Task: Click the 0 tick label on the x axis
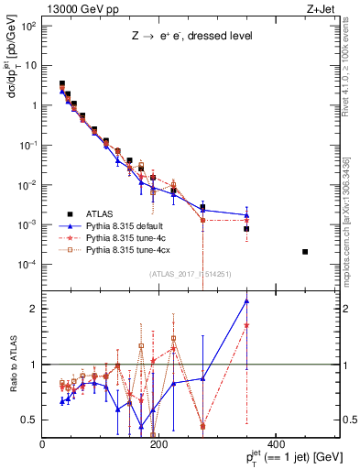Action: coord(43,444)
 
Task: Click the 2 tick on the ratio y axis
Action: coord(33,309)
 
